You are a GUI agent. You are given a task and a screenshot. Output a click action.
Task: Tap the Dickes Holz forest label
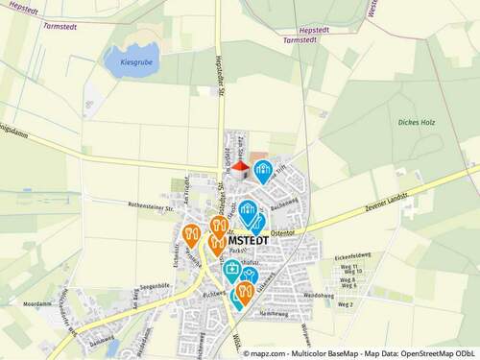pos(415,123)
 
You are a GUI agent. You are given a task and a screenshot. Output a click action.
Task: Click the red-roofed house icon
pos(240,169)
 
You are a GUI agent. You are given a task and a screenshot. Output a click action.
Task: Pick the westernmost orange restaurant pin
pos(191,234)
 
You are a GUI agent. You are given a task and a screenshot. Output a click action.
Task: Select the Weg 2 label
pos(346,304)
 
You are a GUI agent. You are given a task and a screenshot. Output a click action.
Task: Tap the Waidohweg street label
pos(318,296)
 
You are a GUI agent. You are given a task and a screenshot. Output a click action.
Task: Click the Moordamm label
pos(50,303)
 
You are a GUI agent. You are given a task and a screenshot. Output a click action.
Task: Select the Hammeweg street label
pos(274,314)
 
